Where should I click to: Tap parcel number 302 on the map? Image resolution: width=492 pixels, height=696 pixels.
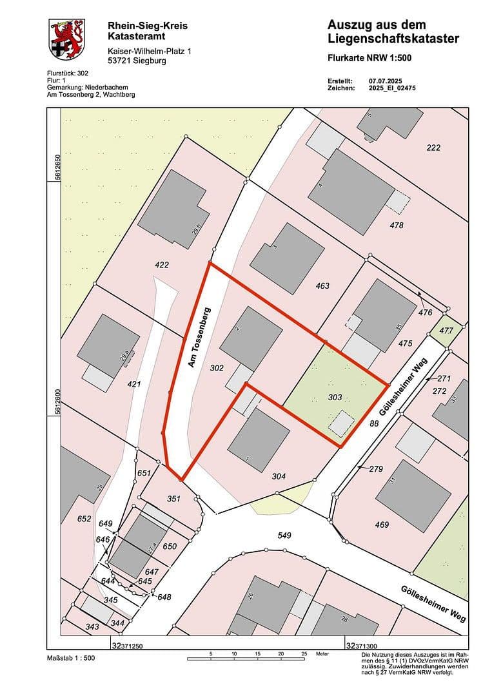coord(217,368)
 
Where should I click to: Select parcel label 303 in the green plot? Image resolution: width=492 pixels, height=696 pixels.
coord(335,398)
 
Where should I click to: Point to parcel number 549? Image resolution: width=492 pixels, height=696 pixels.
coord(285,536)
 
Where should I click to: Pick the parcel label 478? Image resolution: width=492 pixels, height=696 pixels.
coord(397,225)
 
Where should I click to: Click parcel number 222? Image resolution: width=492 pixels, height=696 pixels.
coord(433,148)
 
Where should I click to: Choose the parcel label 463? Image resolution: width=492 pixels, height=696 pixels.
coord(322,285)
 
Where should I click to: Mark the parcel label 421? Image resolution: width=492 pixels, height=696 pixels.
coord(134,384)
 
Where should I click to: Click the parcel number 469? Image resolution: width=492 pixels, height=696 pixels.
coord(382,525)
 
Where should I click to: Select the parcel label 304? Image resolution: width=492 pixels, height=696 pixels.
coord(279,477)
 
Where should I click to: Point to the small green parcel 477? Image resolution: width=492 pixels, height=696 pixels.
coord(446,330)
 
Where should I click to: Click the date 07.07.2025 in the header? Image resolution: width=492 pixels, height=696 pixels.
coord(385,81)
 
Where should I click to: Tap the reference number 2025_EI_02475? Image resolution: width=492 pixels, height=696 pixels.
coord(392,88)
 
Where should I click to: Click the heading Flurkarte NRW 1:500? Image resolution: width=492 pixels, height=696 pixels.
coord(369,58)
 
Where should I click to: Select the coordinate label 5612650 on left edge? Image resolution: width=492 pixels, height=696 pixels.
coord(57,166)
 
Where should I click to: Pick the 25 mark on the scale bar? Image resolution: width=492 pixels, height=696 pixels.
coord(304,653)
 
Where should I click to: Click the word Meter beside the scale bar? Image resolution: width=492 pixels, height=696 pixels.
coord(320,653)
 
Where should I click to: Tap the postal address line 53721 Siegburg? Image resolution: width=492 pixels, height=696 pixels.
coord(137,61)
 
